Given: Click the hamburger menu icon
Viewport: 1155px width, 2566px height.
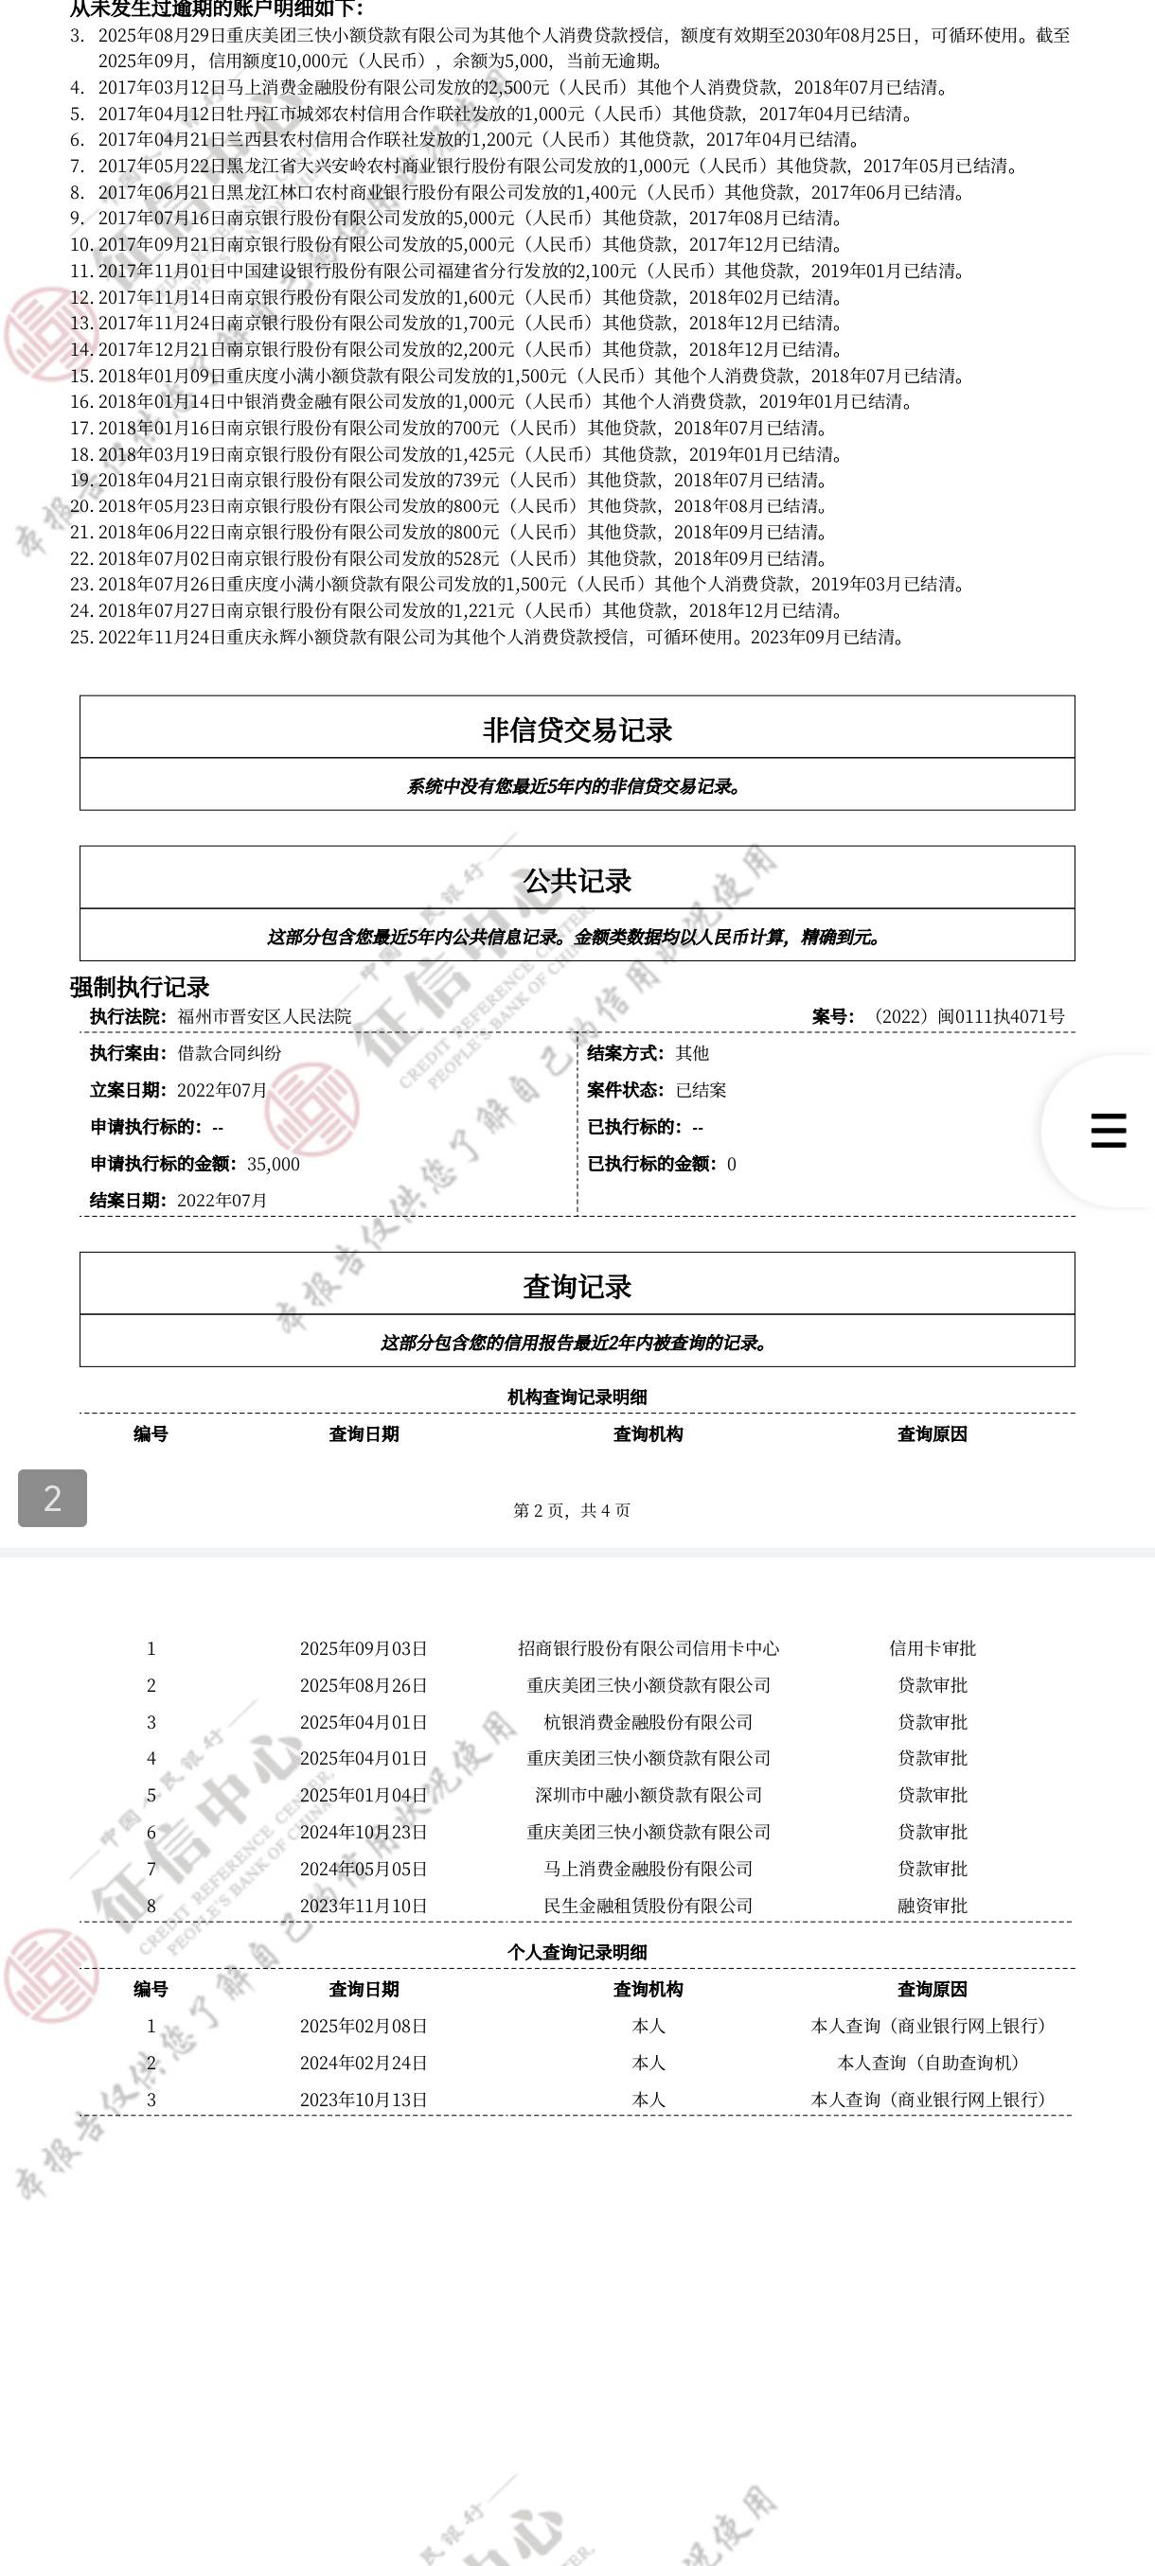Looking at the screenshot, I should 1109,1131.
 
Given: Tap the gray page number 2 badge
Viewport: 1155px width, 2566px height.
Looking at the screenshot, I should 53,1497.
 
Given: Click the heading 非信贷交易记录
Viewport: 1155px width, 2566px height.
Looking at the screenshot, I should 577,730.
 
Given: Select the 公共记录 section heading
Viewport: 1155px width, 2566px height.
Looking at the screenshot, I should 577,881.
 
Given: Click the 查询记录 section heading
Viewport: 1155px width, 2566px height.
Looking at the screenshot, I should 577,1286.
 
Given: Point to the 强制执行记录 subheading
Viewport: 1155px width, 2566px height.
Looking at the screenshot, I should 139,987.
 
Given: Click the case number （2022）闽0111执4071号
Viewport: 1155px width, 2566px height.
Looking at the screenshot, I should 965,1016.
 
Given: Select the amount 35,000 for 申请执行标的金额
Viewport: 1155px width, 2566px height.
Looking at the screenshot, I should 273,1164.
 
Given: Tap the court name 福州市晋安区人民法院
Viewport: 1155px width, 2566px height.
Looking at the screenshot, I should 264,1016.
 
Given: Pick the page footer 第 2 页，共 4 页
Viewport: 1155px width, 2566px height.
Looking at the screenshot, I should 572,1510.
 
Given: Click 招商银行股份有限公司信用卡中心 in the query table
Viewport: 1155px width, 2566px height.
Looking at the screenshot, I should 648,1648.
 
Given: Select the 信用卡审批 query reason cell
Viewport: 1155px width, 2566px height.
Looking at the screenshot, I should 932,1648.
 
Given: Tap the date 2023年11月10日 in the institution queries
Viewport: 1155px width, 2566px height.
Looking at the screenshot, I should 364,1906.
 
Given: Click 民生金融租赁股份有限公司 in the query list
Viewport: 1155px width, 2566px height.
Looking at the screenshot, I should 648,1906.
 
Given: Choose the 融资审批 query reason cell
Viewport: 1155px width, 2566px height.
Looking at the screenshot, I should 932,1906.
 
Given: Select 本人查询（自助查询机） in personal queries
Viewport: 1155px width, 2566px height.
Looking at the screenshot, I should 928,2062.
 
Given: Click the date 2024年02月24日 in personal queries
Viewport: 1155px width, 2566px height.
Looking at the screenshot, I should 364,2062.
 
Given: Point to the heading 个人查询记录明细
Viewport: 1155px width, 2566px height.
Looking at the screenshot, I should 577,1952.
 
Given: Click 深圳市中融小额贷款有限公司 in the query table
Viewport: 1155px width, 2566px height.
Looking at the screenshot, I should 648,1795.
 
